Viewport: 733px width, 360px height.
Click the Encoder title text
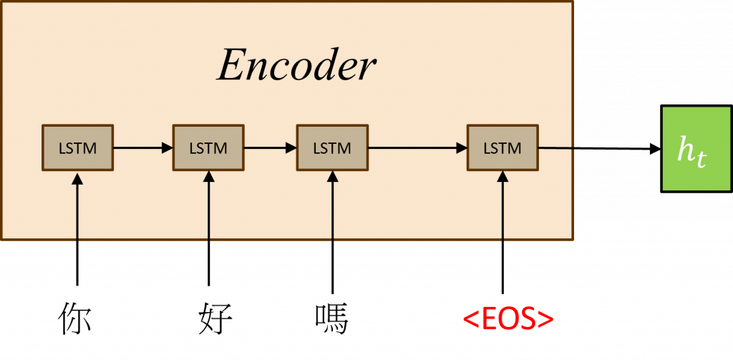(x=296, y=66)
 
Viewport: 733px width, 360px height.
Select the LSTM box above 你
(x=77, y=148)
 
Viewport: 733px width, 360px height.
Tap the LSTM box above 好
(x=208, y=148)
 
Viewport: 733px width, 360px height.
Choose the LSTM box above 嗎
(x=332, y=148)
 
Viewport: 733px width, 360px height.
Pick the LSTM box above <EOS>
(x=503, y=148)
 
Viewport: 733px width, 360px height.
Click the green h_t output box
(x=690, y=149)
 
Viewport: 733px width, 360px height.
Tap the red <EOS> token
(x=508, y=319)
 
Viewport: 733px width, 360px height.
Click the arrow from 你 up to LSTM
(x=77, y=229)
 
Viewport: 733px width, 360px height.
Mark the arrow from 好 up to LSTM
(x=209, y=229)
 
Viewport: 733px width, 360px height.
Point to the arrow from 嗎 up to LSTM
(x=332, y=229)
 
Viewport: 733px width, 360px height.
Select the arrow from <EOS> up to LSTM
(x=503, y=229)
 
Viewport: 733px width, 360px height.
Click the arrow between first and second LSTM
(x=142, y=148)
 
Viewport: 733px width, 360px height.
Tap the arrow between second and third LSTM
(x=270, y=148)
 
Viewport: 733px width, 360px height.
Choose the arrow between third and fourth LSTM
(x=417, y=148)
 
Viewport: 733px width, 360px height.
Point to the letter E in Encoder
(x=230, y=66)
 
